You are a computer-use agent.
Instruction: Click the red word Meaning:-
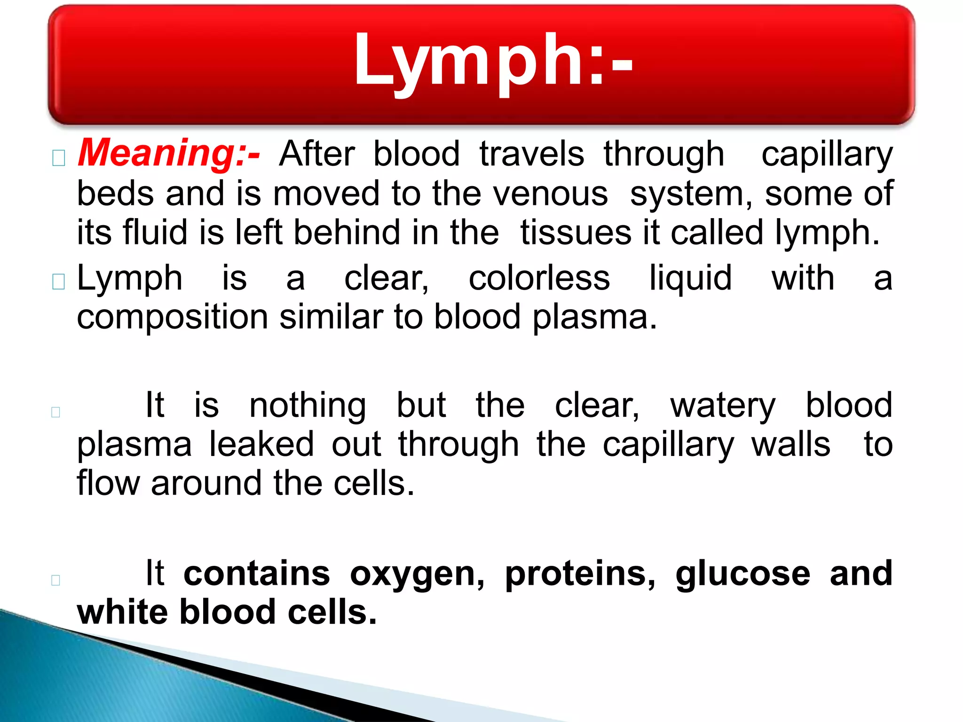coord(169,153)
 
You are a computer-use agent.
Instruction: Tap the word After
coord(317,154)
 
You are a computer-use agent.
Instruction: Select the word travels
coord(531,154)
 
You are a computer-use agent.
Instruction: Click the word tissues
coord(576,233)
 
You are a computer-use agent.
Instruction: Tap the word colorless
coord(539,278)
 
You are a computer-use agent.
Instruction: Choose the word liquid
coord(690,278)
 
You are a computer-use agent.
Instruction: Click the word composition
coord(172,318)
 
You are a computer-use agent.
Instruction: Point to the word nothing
coord(308,405)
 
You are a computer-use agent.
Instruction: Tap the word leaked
coord(261,444)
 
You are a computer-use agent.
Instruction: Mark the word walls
coord(791,444)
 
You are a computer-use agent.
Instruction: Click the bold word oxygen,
coord(417,574)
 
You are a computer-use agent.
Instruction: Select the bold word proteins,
coord(580,574)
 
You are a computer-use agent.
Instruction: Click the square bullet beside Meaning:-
coord(59,158)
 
